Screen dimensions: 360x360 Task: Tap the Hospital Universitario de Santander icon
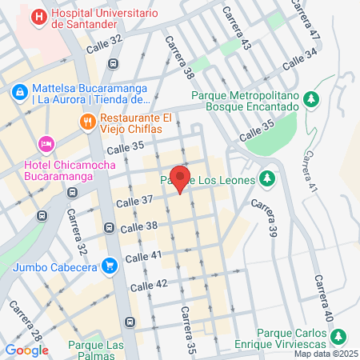38,15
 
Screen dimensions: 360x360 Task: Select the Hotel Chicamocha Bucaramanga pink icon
46,143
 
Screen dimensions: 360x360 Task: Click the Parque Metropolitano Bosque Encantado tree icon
314,98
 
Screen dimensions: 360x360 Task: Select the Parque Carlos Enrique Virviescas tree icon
338,334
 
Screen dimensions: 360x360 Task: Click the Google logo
26,350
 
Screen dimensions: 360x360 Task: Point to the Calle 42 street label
149,286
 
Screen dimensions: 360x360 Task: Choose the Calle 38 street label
139,228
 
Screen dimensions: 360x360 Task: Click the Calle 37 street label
134,201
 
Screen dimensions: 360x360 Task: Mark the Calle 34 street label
300,58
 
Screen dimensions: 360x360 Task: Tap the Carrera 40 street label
323,298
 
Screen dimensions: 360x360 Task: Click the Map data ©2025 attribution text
325,354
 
